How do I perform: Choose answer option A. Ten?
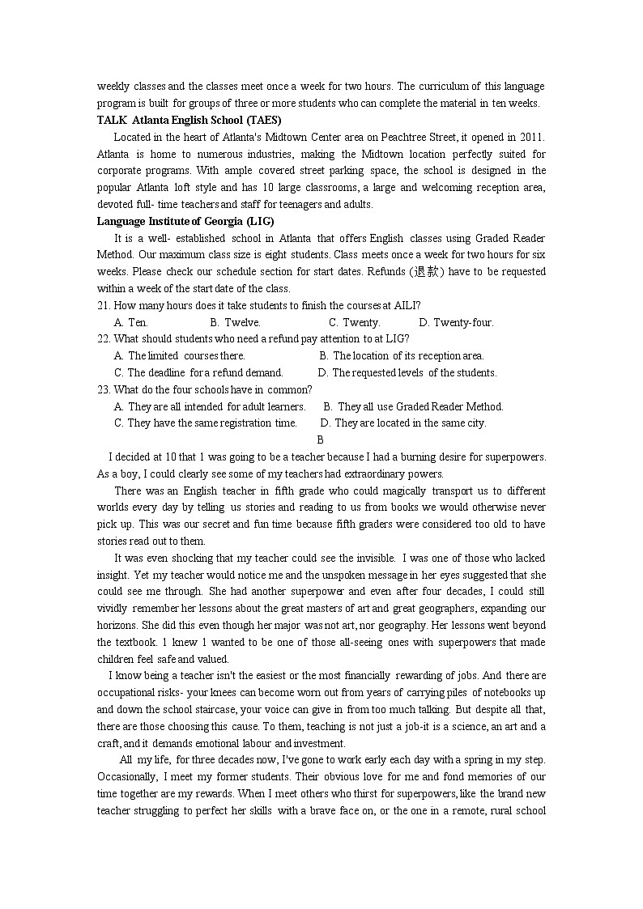[131, 322]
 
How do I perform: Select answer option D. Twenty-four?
[456, 322]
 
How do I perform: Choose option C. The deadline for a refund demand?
[199, 372]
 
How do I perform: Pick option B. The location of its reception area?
[402, 355]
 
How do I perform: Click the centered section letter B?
[320, 440]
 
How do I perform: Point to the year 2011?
[530, 137]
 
